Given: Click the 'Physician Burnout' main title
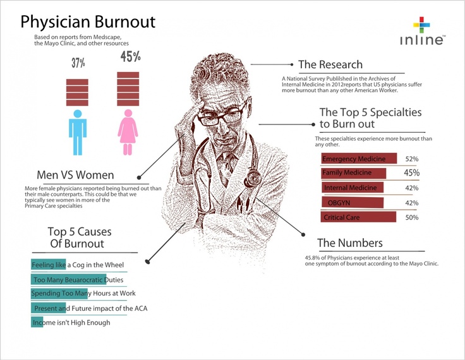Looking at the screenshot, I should (88, 22).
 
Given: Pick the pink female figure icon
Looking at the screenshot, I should (128, 131).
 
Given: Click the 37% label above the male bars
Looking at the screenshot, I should (78, 63).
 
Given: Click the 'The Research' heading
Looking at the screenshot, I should (330, 64).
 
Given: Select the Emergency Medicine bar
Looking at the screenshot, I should (359, 159).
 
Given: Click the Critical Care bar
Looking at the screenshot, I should (359, 217).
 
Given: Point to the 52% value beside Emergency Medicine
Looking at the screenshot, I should (412, 159).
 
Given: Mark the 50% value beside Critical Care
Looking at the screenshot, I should (412, 217).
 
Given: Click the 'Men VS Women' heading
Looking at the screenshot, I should (76, 175).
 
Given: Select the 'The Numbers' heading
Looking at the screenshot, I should (350, 243).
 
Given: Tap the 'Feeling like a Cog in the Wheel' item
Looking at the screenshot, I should (78, 265).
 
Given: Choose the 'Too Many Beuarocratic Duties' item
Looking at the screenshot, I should (77, 279).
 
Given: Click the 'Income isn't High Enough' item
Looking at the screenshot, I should (71, 322).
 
